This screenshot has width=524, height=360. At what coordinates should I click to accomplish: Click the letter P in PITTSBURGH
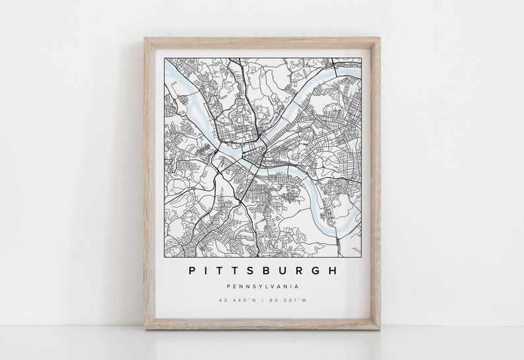coord(191,270)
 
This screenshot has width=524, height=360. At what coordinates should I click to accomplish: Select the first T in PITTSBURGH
coord(224,270)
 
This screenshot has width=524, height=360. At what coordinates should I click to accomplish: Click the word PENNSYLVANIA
coord(262,286)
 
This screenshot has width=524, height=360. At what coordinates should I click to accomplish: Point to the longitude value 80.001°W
coord(284,301)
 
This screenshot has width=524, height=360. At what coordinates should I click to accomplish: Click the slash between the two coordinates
coord(263,301)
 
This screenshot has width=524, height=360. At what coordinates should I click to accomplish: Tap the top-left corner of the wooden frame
coord(145,38)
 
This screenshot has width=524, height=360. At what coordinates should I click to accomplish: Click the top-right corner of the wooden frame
coord(380,38)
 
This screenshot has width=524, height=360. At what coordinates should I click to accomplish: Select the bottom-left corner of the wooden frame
coord(145,329)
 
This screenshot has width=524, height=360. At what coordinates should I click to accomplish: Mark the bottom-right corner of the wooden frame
coord(380,329)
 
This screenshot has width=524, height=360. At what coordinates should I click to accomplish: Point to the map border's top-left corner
coord(164,57)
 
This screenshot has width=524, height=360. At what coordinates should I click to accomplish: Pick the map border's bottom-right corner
coord(362,255)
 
